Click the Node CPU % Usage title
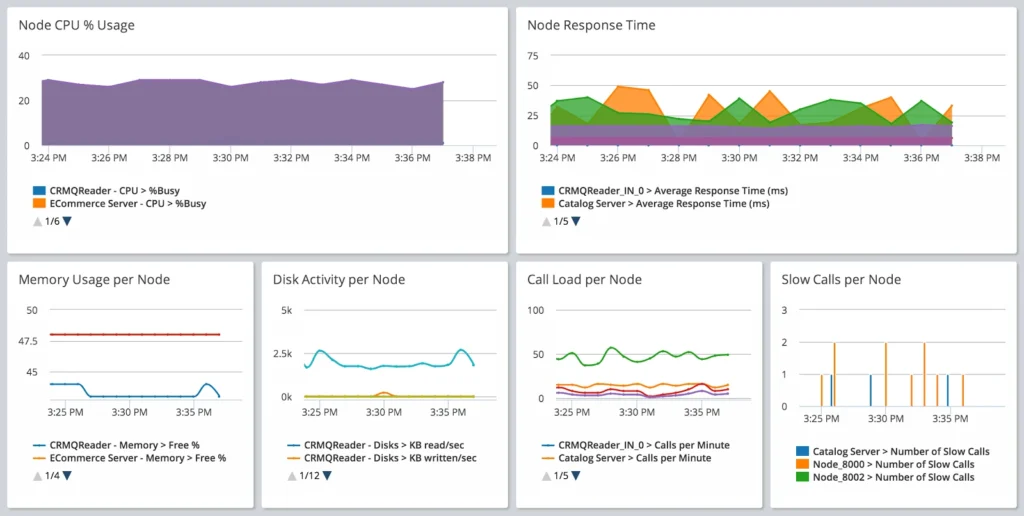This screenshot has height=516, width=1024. [76, 25]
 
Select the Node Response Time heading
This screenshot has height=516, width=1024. [591, 25]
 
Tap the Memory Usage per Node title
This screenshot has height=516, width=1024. [94, 279]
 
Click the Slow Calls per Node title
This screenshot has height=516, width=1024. [841, 279]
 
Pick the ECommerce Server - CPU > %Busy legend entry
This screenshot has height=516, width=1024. [126, 203]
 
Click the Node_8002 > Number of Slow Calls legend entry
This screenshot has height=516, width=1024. [893, 477]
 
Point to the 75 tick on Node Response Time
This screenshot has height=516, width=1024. [533, 56]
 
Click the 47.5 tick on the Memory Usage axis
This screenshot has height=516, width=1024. [28, 341]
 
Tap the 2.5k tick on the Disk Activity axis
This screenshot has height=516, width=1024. [282, 354]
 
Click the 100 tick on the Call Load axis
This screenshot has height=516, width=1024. [535, 310]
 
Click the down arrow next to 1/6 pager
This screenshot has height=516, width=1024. [67, 221]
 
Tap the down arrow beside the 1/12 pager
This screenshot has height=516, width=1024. [327, 475]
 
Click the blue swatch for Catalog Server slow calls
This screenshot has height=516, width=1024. [802, 451]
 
